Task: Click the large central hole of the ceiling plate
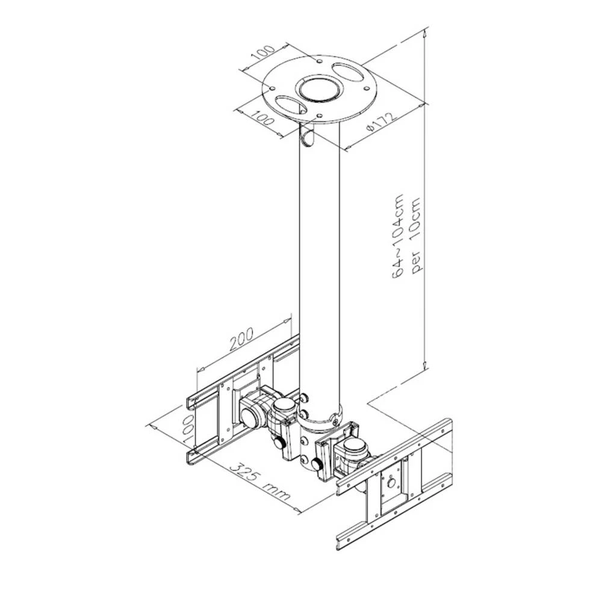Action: coord(320,90)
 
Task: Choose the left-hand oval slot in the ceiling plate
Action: coord(290,105)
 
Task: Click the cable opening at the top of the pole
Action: coord(309,137)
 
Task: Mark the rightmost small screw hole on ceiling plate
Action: coord(365,87)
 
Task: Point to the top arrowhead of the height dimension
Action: coord(426,35)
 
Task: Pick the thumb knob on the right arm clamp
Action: coord(317,464)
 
